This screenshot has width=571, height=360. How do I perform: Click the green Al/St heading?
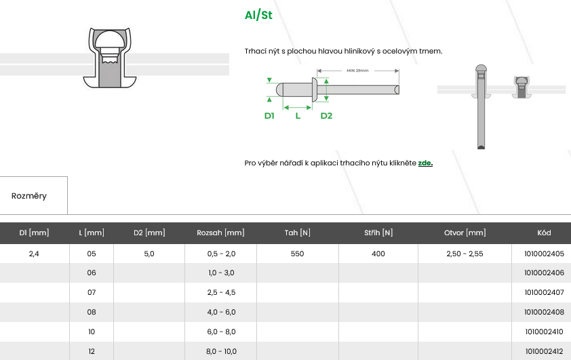pyautogui.click(x=258, y=15)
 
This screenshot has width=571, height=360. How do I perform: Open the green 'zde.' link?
pyautogui.click(x=425, y=163)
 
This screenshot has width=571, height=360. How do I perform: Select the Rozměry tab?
pyautogui.click(x=29, y=196)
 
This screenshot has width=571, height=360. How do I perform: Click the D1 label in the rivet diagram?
pyautogui.click(x=269, y=116)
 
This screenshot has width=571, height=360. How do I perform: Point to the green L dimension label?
pyautogui.click(x=298, y=116)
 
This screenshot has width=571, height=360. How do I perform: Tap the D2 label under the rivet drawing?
pyautogui.click(x=326, y=116)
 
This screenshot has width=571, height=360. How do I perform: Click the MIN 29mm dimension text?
pyautogui.click(x=357, y=71)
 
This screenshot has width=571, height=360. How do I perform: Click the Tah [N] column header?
pyautogui.click(x=298, y=233)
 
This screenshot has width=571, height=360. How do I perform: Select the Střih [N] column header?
pyautogui.click(x=378, y=233)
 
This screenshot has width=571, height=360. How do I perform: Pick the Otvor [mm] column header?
pyautogui.click(x=465, y=233)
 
